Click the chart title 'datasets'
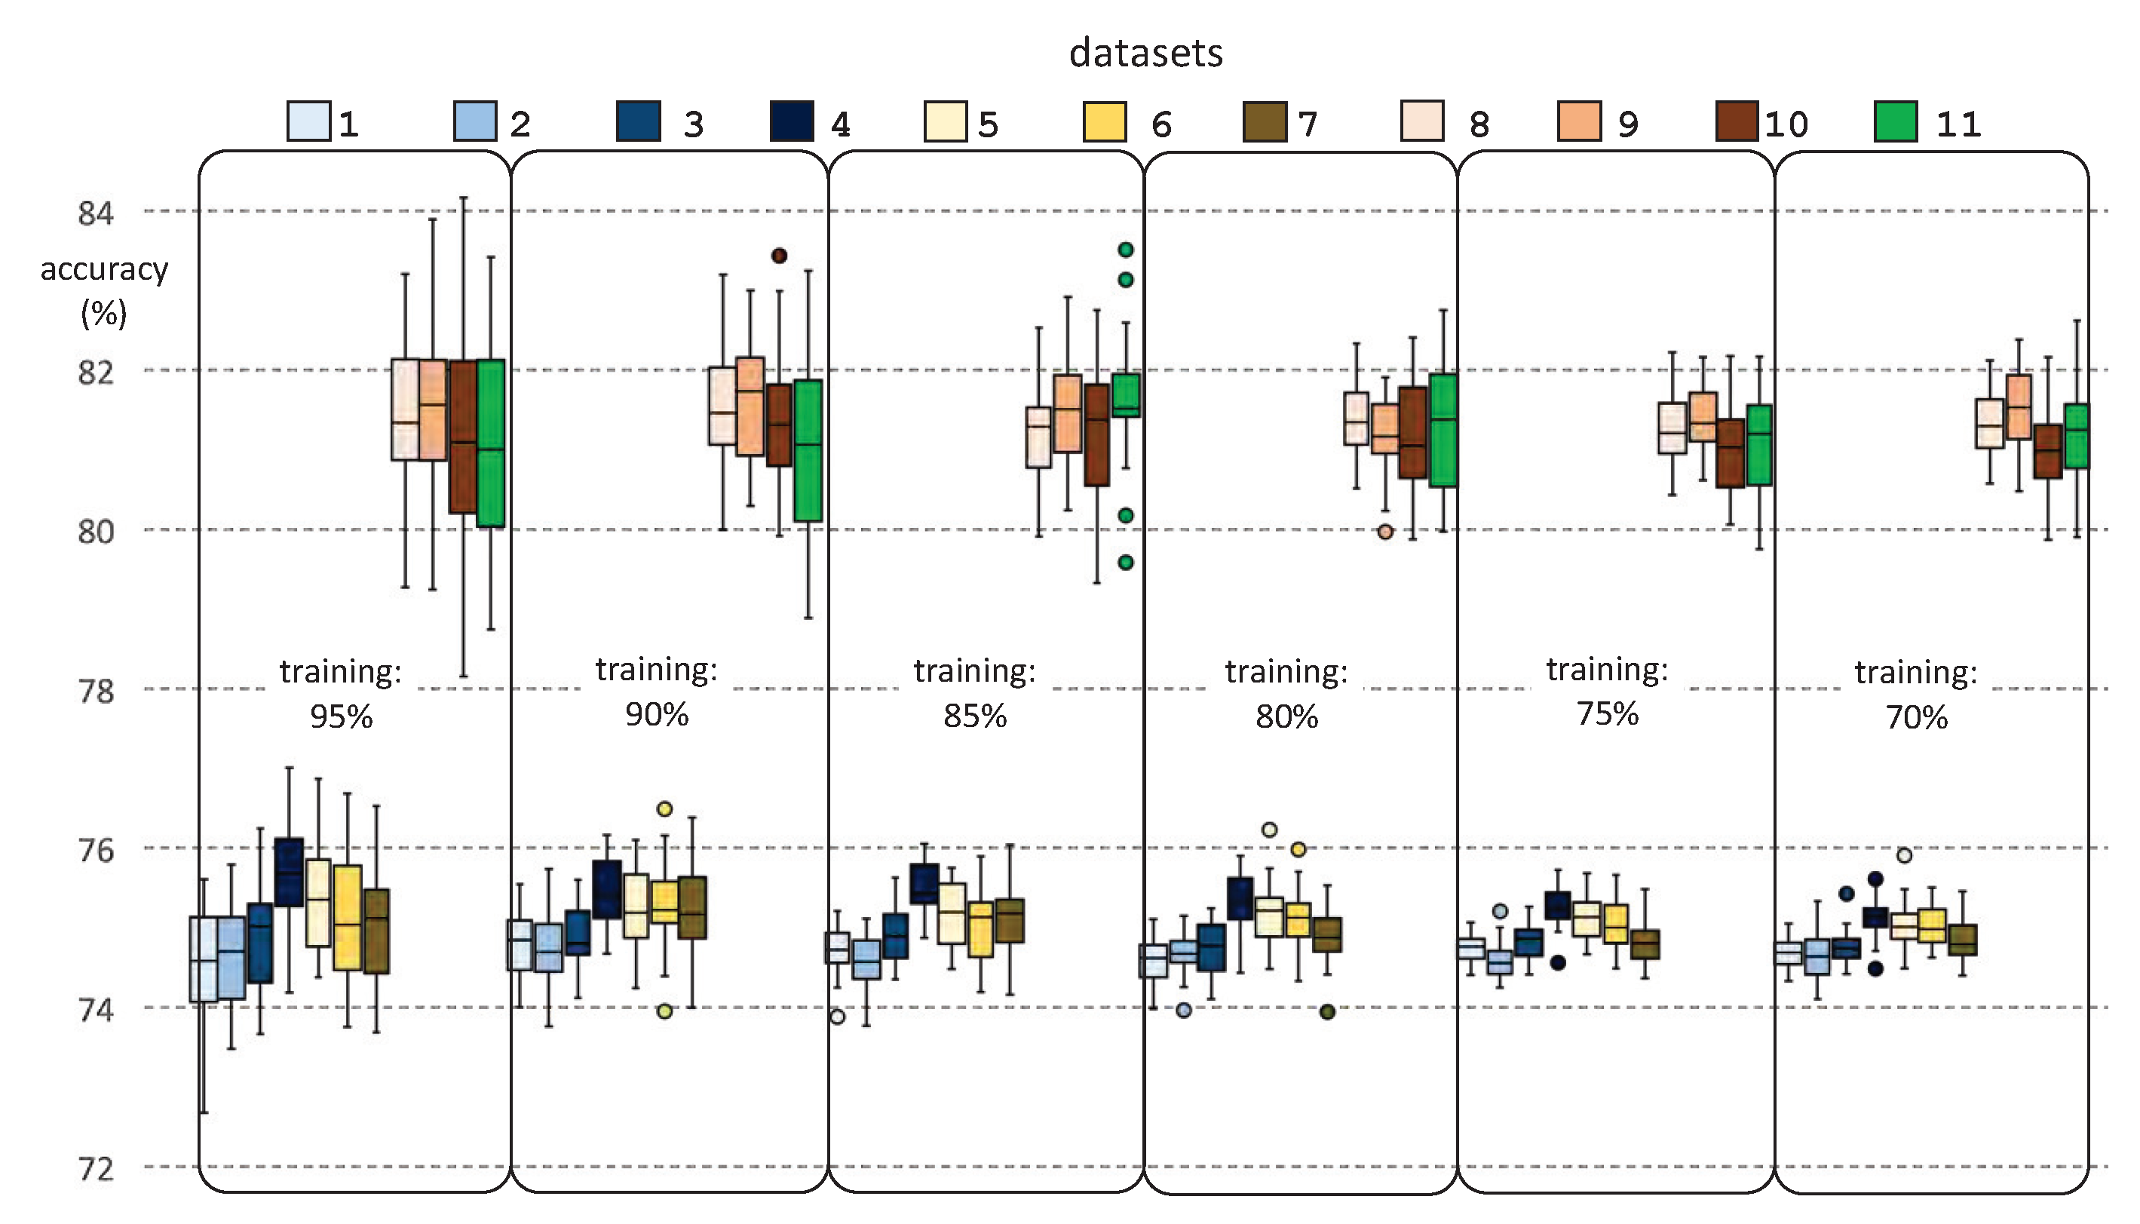click(x=1145, y=53)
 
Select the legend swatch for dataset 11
click(x=1896, y=122)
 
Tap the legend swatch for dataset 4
click(x=792, y=122)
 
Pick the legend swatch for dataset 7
click(x=1264, y=122)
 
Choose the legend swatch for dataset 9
click(x=1580, y=122)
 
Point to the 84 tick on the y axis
click(x=96, y=213)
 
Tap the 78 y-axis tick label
click(x=96, y=691)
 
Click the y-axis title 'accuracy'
click(x=104, y=269)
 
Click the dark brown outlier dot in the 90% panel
click(x=779, y=256)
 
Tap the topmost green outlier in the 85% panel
click(x=1126, y=250)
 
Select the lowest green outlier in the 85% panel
click(x=1126, y=563)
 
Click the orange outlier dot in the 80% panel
click(x=1385, y=531)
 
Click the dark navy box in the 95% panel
click(x=289, y=872)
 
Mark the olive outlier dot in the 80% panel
click(x=1327, y=1012)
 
